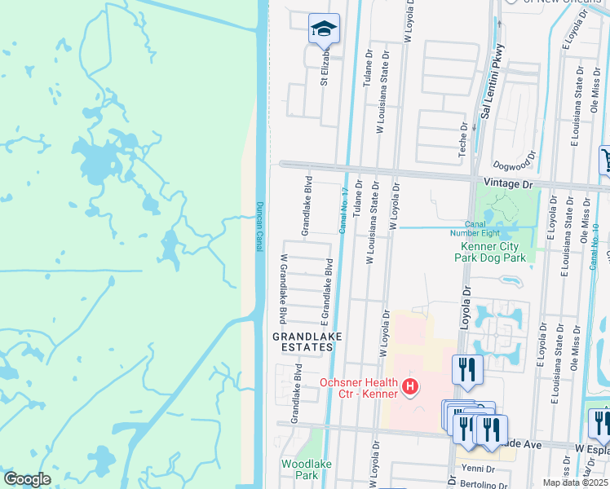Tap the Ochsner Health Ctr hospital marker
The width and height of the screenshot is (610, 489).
click(410, 386)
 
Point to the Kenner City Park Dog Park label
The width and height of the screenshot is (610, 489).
click(492, 251)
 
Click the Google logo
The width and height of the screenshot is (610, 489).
click(28, 479)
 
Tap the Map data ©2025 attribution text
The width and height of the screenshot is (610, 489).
click(576, 482)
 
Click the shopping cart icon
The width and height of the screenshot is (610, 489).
click(605, 159)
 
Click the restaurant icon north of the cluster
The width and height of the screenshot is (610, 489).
click(467, 369)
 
